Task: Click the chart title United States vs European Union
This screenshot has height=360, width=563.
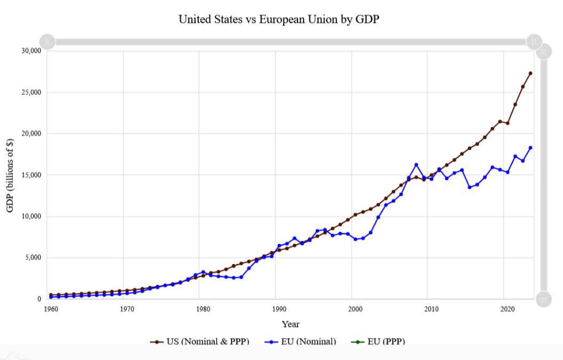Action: point(281,20)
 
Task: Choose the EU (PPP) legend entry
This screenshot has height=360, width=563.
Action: point(382,341)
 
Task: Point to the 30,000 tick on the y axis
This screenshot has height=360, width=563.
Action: point(30,51)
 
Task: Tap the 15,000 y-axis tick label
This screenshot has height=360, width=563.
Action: point(30,175)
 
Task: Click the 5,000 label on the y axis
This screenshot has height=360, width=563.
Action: point(32,258)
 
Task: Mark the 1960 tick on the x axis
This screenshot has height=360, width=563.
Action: point(51,309)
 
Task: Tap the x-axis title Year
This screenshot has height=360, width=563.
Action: point(291,324)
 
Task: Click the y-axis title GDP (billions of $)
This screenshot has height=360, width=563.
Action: point(10,175)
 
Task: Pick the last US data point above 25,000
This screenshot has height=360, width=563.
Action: point(530,73)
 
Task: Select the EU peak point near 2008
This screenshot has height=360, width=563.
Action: point(416,165)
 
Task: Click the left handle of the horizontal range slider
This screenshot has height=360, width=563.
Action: point(47,42)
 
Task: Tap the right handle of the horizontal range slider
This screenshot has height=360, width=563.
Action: point(534,42)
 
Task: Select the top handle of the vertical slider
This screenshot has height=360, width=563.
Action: point(543,52)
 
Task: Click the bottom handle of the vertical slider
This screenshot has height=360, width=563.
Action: point(543,299)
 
